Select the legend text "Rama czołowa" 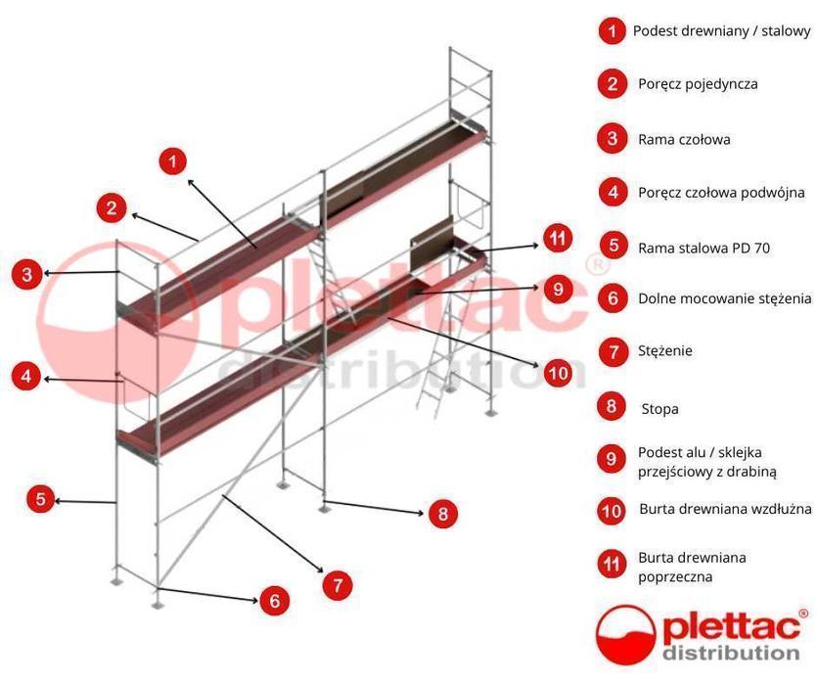[684, 139]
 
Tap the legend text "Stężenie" [664, 350]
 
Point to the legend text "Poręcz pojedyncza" [698, 84]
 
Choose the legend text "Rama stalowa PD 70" [704, 248]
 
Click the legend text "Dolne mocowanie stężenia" [724, 298]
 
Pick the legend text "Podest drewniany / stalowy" [721, 31]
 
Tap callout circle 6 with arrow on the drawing [274, 600]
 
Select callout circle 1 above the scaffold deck [173, 160]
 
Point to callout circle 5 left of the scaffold [40, 499]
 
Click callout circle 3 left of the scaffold [26, 274]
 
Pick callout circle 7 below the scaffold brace [337, 585]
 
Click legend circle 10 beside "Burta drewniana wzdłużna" [612, 510]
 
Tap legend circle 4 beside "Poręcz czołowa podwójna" [613, 192]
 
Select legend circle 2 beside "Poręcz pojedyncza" [613, 84]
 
